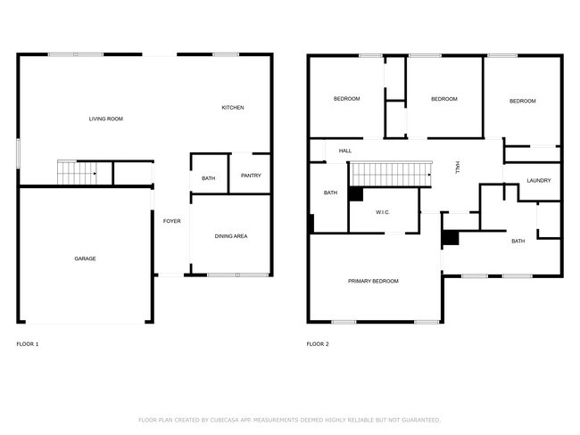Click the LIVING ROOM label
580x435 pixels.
105,119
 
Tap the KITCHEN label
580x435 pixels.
233,108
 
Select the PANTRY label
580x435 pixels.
251,176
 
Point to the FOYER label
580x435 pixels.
172,220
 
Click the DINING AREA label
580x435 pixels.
231,236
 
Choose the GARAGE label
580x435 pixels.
85,259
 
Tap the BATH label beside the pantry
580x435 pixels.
208,178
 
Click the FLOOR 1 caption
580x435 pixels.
28,343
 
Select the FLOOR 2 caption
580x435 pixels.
317,343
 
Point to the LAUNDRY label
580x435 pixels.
539,181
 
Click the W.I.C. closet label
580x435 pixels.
383,212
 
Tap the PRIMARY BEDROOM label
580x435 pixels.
373,281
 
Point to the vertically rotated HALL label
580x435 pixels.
458,166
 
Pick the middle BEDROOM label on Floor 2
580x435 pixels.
443,99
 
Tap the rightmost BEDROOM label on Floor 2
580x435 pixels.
522,101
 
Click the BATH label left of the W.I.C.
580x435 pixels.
330,193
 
